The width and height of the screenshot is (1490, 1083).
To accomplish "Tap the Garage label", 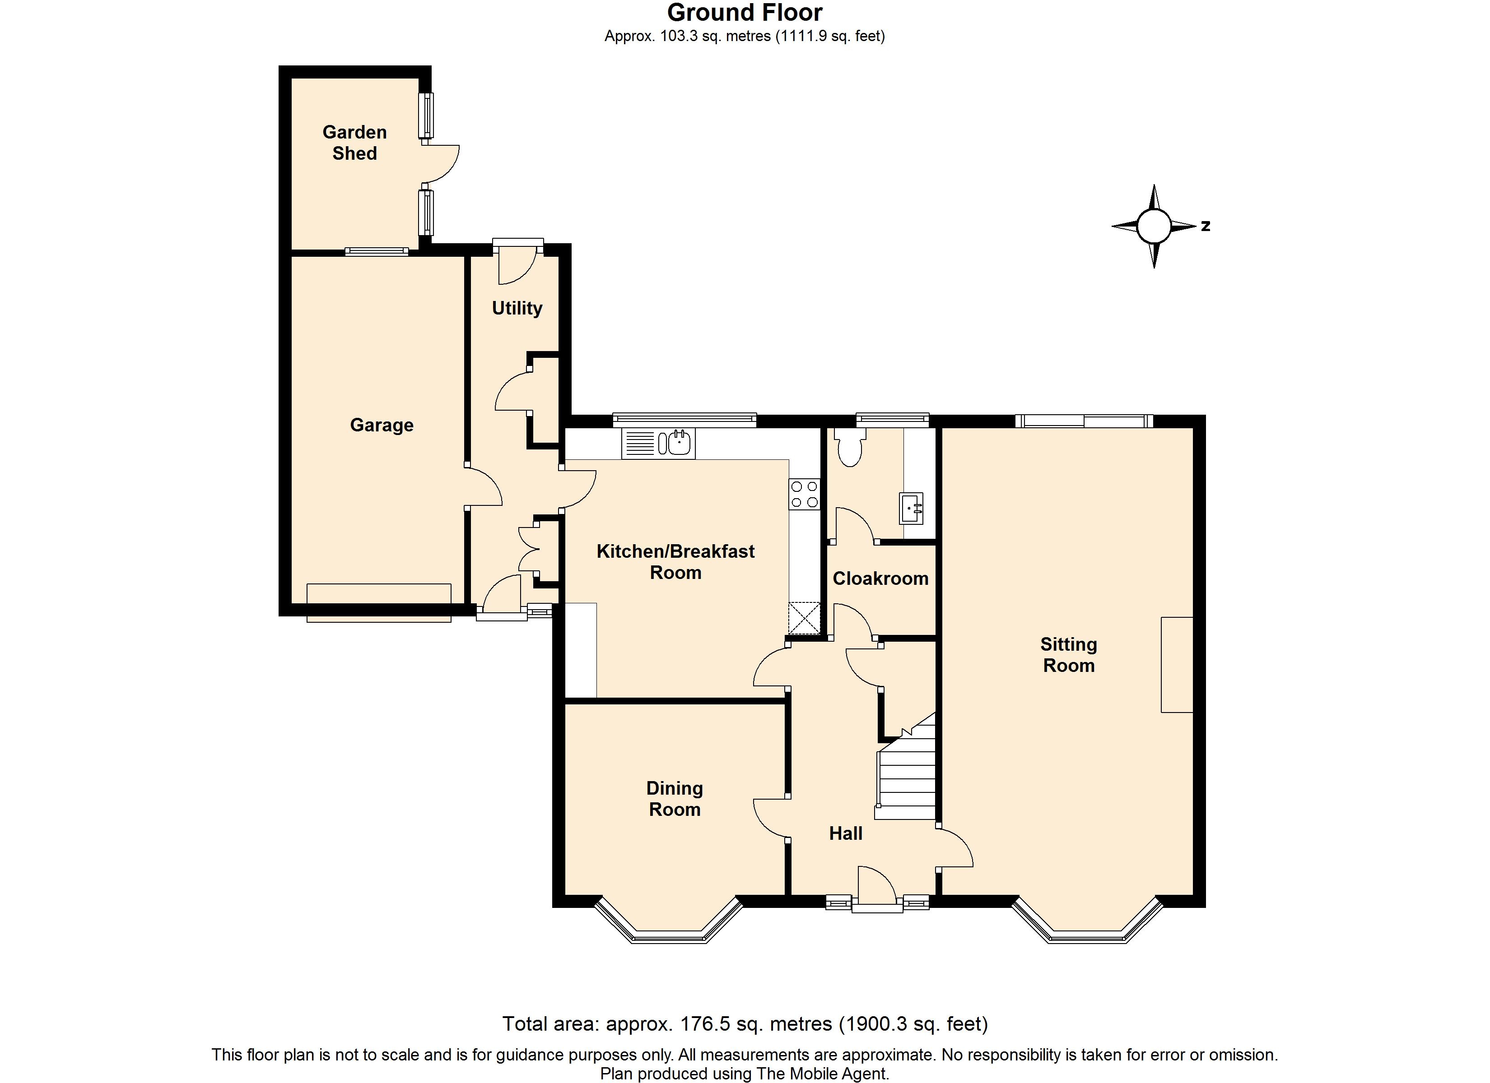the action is click(382, 425).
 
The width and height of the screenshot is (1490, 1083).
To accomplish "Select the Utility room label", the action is click(517, 308).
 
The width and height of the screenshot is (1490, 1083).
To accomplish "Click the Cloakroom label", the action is click(880, 578).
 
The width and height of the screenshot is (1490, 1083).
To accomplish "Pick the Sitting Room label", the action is click(1069, 655).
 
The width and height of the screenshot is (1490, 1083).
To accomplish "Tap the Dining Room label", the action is click(675, 799).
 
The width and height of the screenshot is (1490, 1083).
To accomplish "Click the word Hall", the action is click(846, 833).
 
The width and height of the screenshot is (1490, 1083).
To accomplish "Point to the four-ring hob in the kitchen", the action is click(805, 494).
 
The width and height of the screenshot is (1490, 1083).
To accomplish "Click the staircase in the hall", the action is click(906, 767).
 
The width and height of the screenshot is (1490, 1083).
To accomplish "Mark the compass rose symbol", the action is click(1154, 227).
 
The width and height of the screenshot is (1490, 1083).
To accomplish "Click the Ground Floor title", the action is click(745, 13).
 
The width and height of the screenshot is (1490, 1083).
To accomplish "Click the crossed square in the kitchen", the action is click(805, 618).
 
